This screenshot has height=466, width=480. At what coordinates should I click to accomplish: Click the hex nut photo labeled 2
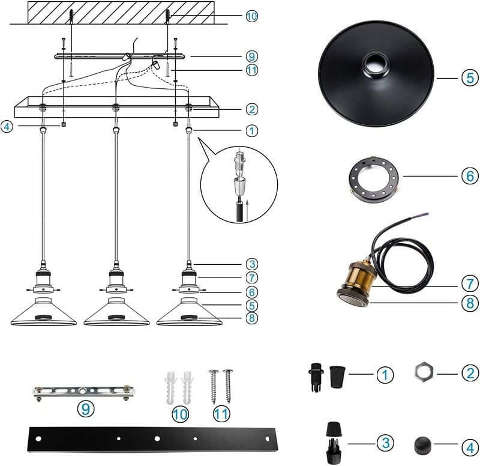tap(424, 374)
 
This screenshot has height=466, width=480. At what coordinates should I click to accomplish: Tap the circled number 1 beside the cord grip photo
tap(385, 375)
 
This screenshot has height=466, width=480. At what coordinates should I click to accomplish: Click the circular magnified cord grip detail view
tap(239, 184)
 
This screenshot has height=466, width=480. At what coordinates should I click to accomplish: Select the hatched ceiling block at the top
tap(121, 13)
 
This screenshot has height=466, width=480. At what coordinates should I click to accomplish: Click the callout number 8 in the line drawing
tap(252, 318)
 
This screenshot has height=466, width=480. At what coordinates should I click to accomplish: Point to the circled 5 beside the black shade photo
tap(470, 78)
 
